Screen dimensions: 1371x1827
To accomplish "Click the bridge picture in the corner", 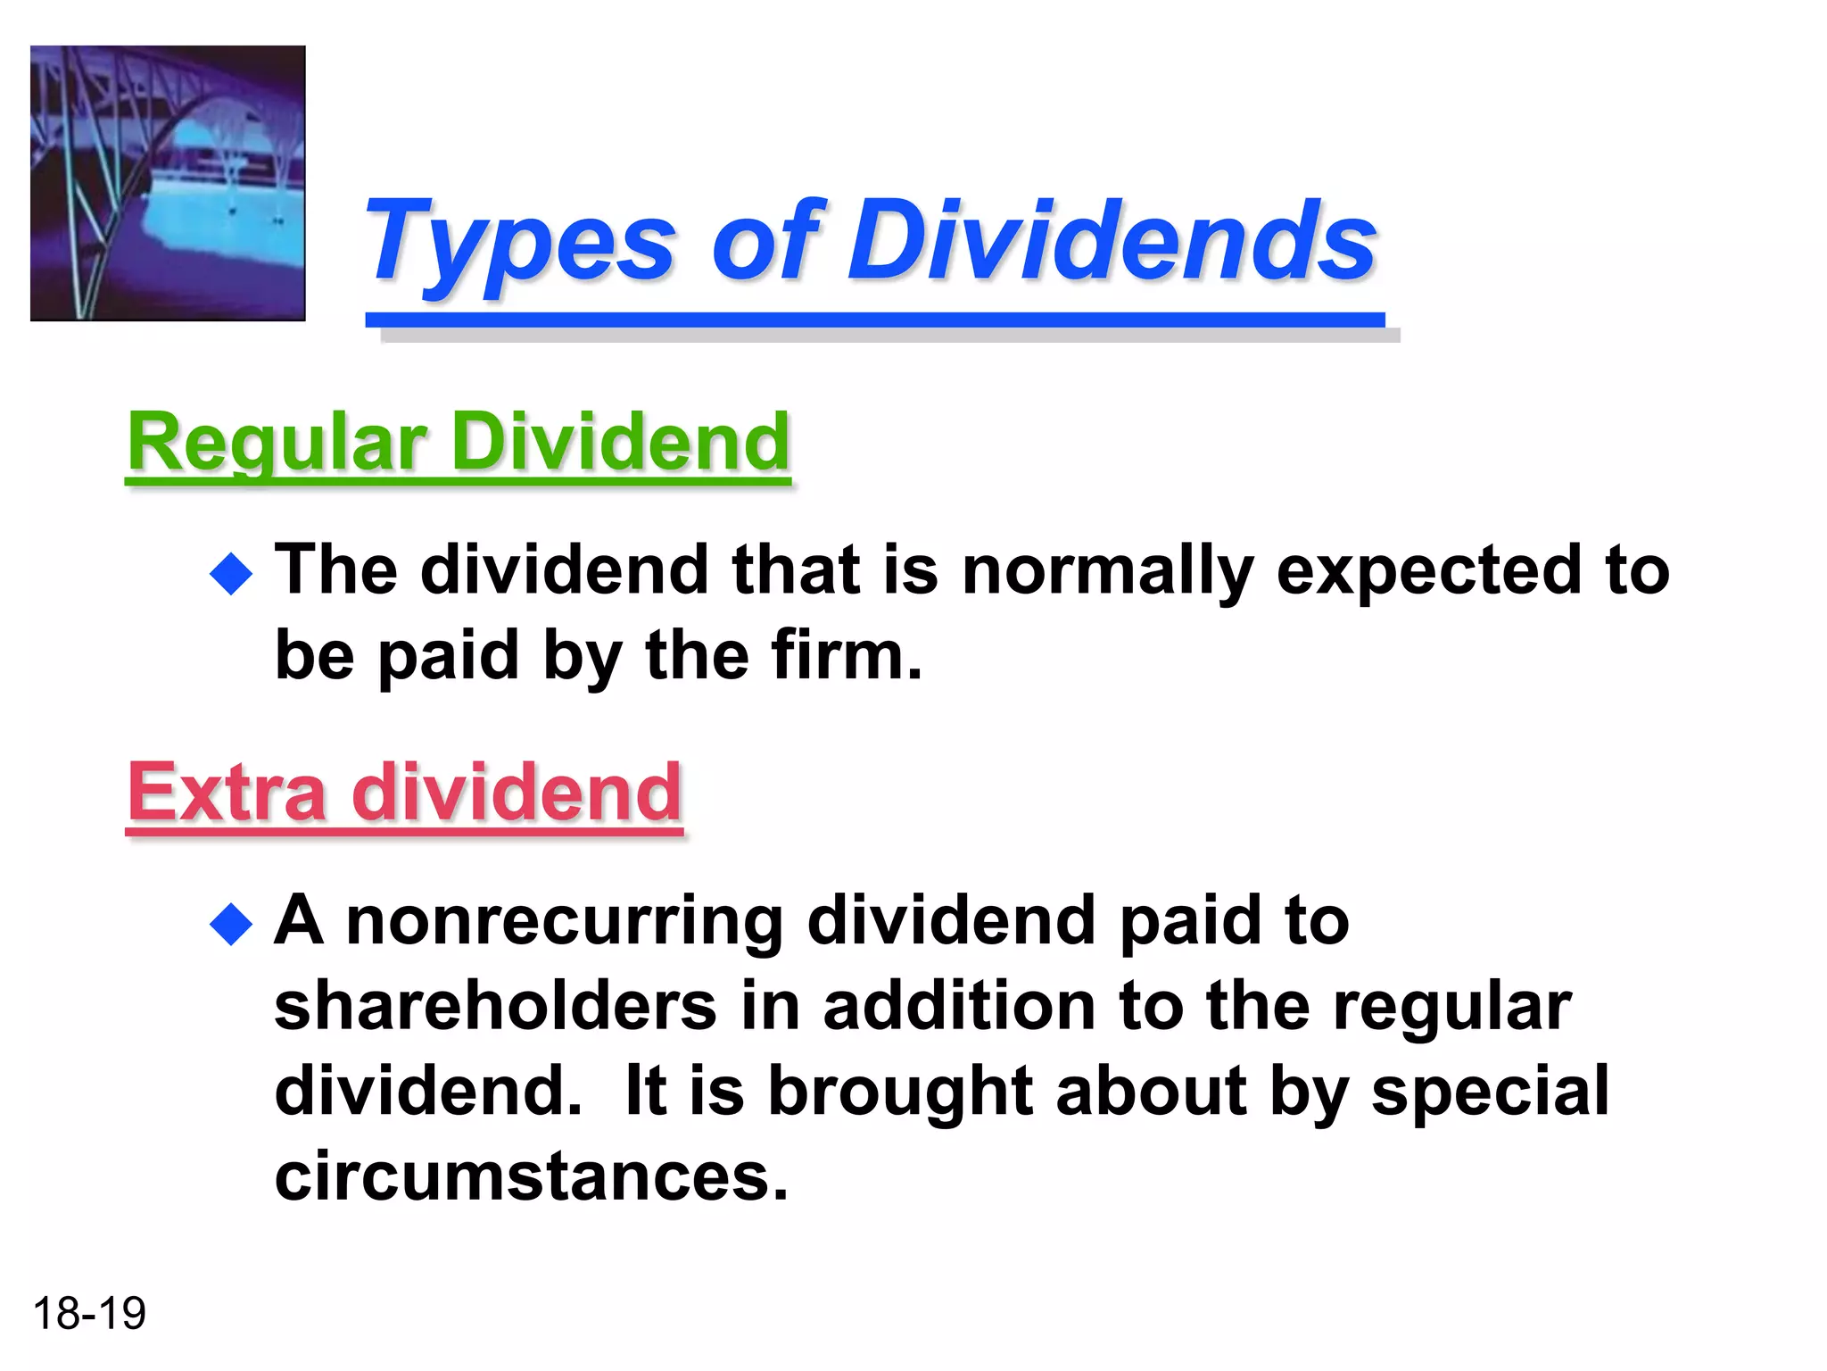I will [168, 183].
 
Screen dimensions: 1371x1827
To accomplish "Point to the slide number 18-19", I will [89, 1313].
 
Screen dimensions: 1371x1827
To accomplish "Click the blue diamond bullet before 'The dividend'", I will [232, 574].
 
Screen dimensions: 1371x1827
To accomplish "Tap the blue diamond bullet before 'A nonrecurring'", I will [232, 924].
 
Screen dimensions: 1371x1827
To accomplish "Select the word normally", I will [1108, 572].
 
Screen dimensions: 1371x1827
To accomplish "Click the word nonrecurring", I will [565, 922].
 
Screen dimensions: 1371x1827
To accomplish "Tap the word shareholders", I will [495, 1006].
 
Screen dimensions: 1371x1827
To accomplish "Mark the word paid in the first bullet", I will [448, 656].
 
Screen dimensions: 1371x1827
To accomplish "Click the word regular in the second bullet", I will [1452, 1008].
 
